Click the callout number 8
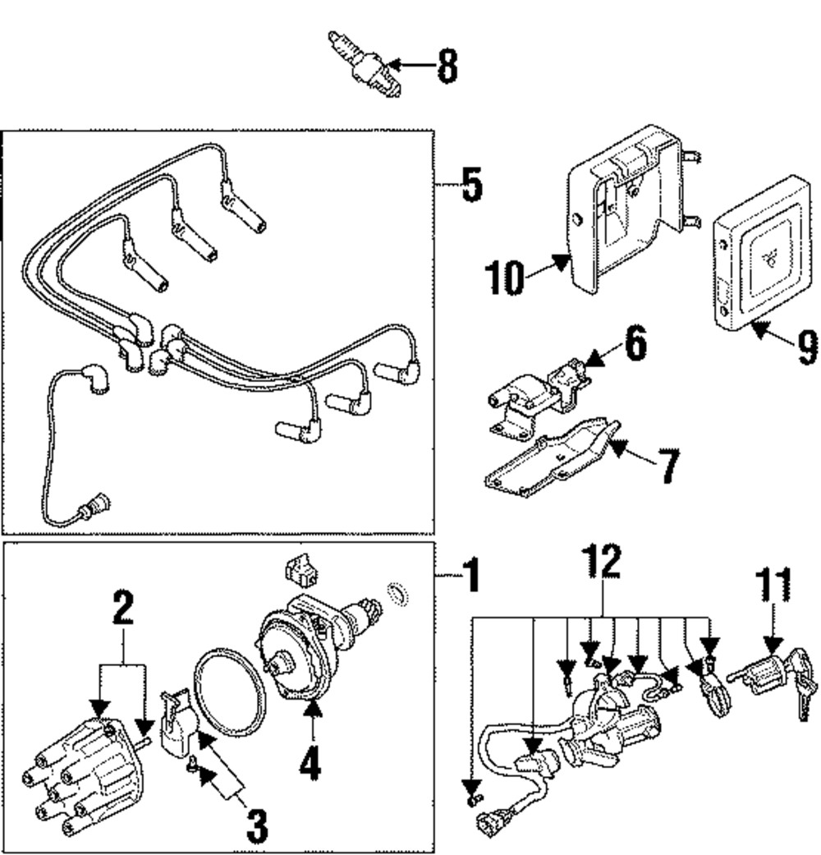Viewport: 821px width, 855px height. pos(447,65)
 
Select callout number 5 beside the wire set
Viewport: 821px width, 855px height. pos(470,186)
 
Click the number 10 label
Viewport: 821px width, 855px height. pos(503,278)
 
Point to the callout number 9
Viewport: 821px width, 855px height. pos(806,347)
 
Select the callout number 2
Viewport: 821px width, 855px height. pos(122,609)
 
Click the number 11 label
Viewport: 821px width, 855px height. pos(773,585)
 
